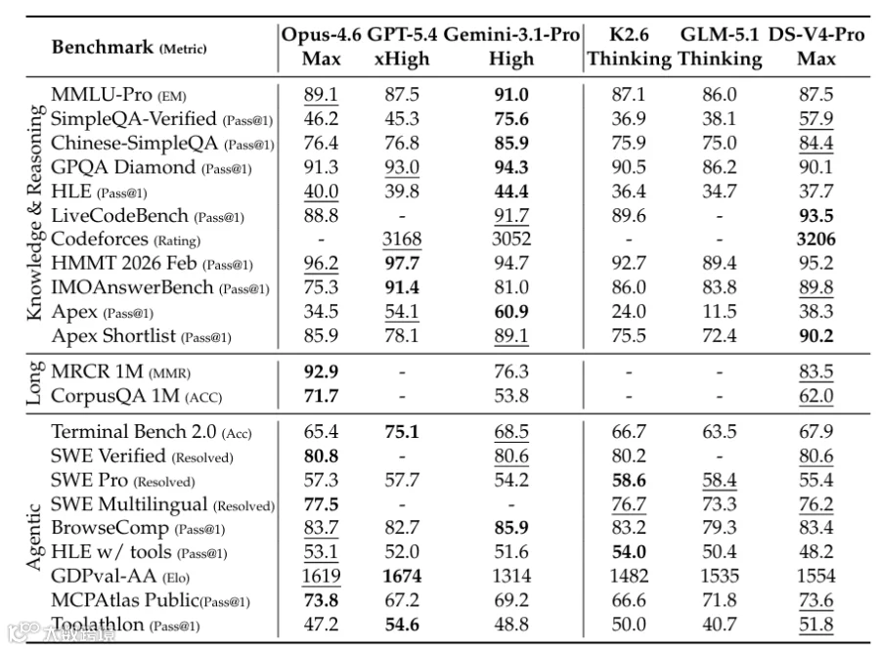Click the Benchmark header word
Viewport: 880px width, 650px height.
102,47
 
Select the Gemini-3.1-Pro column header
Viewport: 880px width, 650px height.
511,46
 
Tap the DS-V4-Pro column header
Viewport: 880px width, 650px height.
816,46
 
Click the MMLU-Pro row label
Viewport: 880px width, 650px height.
101,94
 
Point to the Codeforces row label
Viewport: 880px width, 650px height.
100,238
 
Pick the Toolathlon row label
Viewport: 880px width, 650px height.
98,625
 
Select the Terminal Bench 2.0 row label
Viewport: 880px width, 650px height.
134,431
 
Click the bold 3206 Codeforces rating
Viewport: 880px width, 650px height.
816,239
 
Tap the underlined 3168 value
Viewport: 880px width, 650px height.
402,239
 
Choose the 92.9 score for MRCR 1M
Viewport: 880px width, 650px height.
321,371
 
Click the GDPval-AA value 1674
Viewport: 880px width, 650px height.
402,576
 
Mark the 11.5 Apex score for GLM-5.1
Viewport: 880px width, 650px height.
720,311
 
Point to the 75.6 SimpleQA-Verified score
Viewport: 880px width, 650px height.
511,119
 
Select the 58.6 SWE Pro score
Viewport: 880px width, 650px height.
629,480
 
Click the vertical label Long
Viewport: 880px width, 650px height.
33,382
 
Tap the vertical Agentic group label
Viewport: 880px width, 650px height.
33,537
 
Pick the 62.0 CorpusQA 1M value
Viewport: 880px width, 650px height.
816,396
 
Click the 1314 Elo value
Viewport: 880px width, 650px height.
511,576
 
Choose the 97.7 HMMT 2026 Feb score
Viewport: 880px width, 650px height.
402,263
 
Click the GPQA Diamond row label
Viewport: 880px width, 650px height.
123,167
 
